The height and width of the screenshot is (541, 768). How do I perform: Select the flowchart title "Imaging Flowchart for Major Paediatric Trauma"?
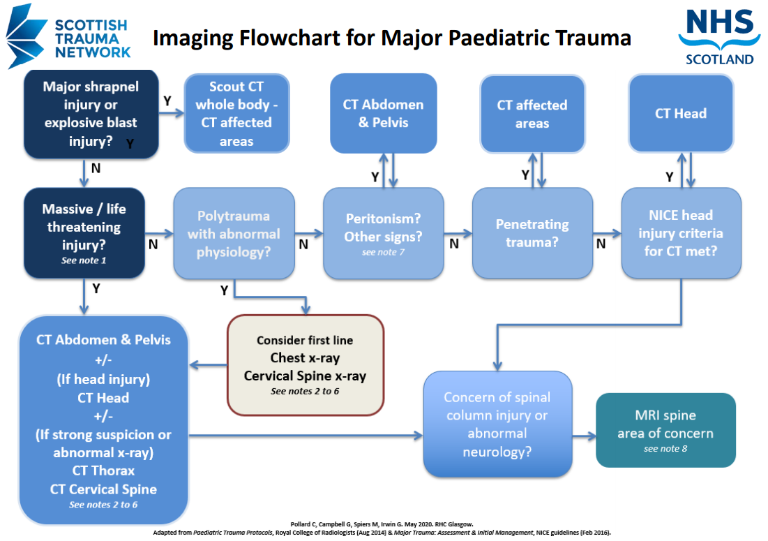coord(391,37)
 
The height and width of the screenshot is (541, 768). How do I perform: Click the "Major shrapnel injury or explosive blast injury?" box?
coord(91,114)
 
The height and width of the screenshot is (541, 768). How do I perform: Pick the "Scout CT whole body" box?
coord(236,114)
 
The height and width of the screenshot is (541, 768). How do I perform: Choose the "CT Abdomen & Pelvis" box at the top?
coord(383,113)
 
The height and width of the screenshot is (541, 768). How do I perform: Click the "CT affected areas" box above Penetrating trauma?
coord(532,114)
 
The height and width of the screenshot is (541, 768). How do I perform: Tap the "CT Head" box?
coord(681,113)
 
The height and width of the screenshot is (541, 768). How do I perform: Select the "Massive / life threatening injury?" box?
coord(84,232)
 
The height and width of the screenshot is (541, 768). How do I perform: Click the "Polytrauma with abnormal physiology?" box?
coord(234,233)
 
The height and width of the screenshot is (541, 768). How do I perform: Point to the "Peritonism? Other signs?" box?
coord(383,233)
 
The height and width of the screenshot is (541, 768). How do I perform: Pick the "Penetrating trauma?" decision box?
coord(532,233)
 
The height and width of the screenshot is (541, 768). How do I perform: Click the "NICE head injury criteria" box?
coord(681,233)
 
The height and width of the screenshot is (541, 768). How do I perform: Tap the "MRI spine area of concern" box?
coord(665,430)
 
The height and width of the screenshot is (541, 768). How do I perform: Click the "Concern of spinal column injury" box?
coord(497,424)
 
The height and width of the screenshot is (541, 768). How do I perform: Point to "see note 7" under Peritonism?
coord(383,252)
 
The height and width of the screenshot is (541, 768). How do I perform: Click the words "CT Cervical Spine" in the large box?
coord(103,489)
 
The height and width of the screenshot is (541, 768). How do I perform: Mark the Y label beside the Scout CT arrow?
coord(167,101)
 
